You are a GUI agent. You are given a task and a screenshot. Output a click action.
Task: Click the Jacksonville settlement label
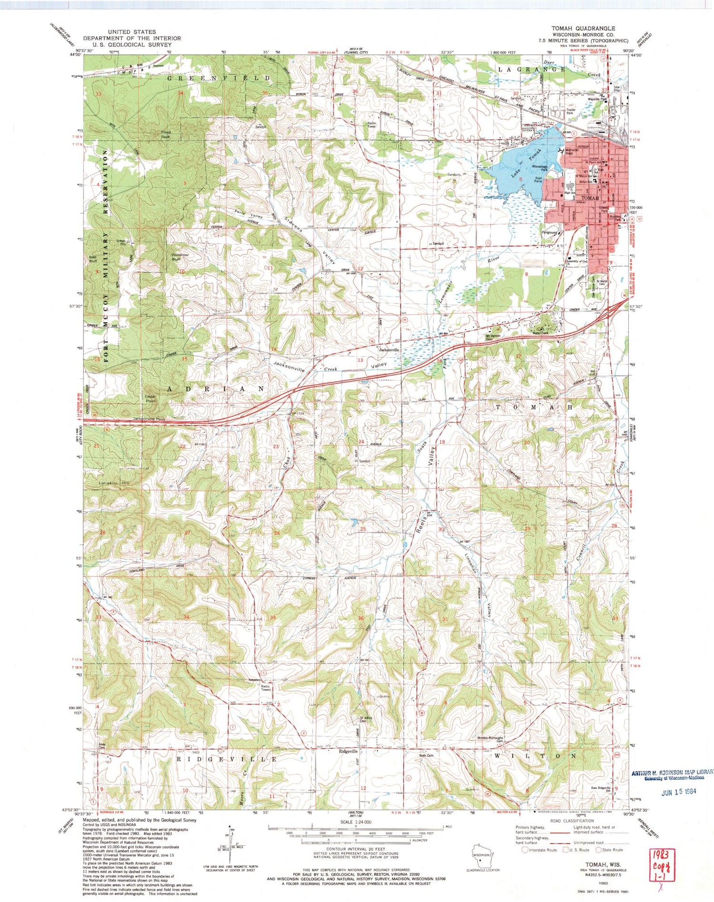point(388,350)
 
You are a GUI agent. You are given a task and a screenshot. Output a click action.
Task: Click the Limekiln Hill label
point(114,483)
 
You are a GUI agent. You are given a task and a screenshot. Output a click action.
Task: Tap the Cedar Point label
point(150,399)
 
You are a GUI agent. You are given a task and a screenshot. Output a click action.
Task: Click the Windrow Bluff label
point(180,257)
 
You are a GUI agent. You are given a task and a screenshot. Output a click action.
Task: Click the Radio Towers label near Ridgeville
point(266,688)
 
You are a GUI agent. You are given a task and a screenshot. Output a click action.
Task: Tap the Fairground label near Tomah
point(550,232)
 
